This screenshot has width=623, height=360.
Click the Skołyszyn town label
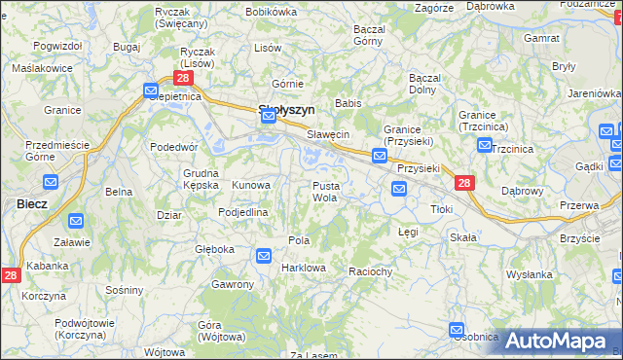[285, 111]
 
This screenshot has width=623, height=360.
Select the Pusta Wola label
[325, 191]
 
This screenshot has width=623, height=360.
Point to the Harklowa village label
[302, 268]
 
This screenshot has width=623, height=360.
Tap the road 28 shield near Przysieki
[463, 183]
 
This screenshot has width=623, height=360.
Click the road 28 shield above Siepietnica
[182, 77]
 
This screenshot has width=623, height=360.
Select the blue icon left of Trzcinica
[484, 145]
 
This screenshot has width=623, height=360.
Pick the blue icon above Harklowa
[263, 256]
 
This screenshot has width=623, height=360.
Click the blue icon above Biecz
[52, 182]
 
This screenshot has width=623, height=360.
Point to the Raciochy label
[369, 272]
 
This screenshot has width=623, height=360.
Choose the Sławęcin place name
[328, 134]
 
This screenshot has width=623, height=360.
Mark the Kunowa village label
[250, 185]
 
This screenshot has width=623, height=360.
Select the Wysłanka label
[530, 274]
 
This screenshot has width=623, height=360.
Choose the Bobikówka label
[272, 12]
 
